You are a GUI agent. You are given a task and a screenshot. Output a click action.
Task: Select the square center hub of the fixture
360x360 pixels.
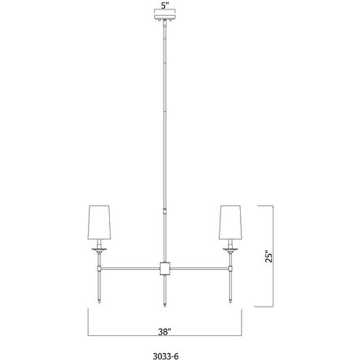164,268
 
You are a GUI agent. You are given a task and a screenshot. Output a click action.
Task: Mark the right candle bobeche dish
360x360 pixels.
231,248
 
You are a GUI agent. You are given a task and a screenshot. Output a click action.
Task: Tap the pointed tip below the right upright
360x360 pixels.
231,300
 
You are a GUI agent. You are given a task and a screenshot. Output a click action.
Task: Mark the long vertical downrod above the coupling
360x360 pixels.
164,116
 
